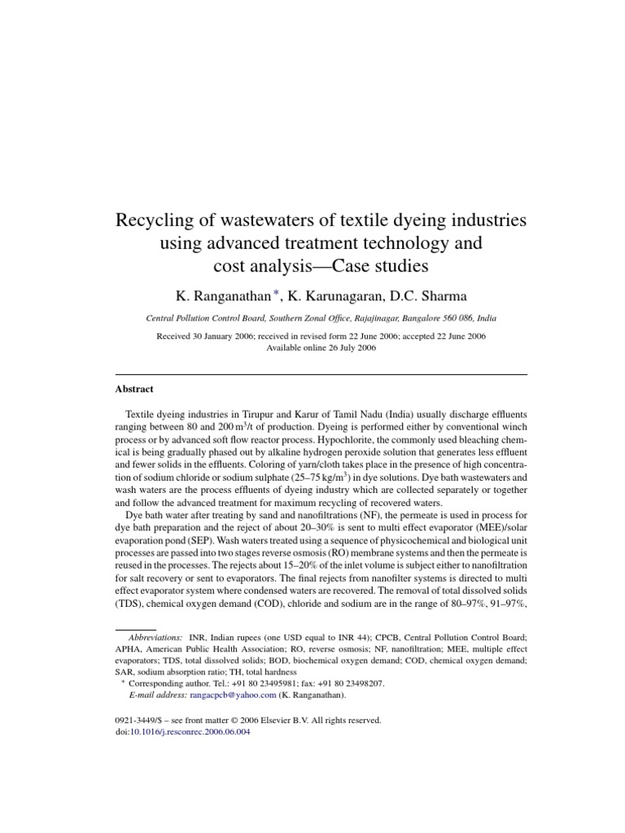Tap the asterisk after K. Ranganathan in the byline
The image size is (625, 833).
(x=277, y=294)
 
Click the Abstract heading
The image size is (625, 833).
(x=133, y=390)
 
